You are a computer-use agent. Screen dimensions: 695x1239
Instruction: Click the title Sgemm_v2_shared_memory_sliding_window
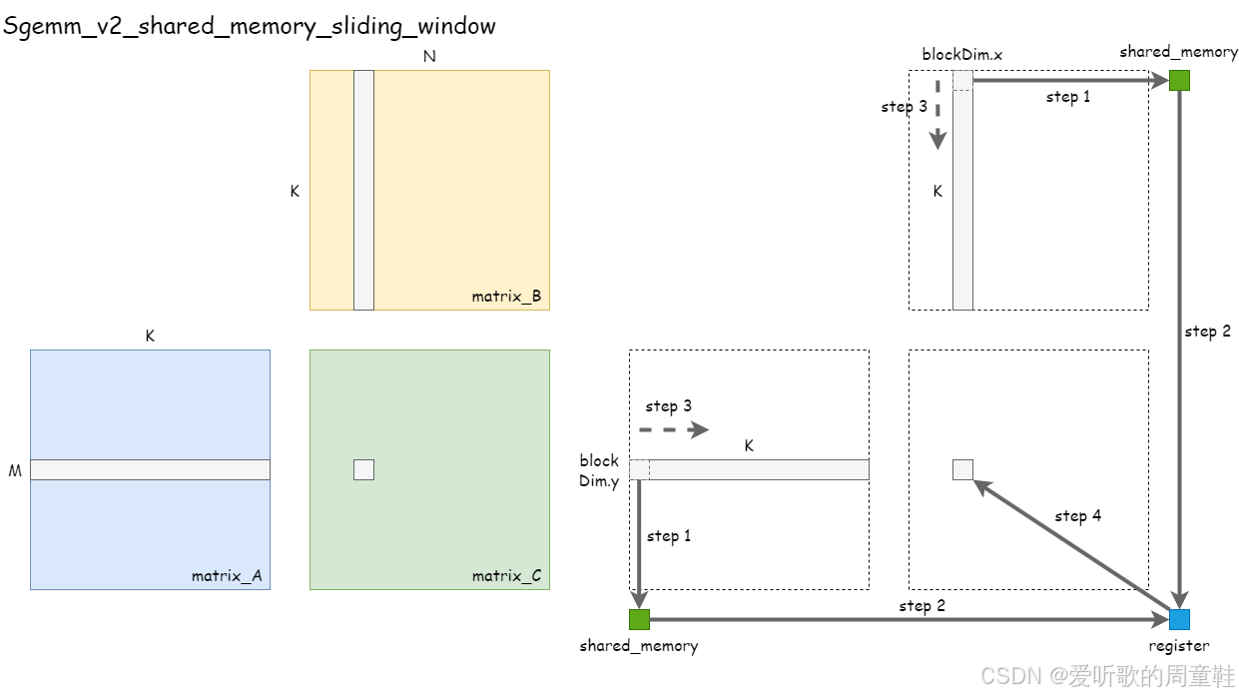point(249,26)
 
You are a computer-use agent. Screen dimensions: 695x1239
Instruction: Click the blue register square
point(1180,619)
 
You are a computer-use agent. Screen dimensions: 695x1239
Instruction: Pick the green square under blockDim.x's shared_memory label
point(1180,81)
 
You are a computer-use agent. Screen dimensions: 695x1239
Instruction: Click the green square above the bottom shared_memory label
point(639,619)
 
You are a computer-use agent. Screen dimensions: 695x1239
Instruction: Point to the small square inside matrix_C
point(363,469)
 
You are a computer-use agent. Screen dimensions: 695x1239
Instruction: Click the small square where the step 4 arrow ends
point(962,469)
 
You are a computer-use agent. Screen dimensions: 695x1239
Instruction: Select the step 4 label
point(1078,516)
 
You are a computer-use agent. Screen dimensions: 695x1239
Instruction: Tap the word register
point(1179,646)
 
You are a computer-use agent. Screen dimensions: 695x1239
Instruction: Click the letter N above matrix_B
point(429,57)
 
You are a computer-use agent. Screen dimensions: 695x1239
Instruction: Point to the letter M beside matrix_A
point(15,470)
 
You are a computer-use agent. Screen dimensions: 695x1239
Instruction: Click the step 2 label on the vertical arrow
point(1207,332)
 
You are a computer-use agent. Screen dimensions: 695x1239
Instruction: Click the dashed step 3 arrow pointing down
point(937,115)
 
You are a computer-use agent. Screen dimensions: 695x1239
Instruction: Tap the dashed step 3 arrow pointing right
point(673,430)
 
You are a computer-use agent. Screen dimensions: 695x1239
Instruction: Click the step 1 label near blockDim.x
point(1068,97)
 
